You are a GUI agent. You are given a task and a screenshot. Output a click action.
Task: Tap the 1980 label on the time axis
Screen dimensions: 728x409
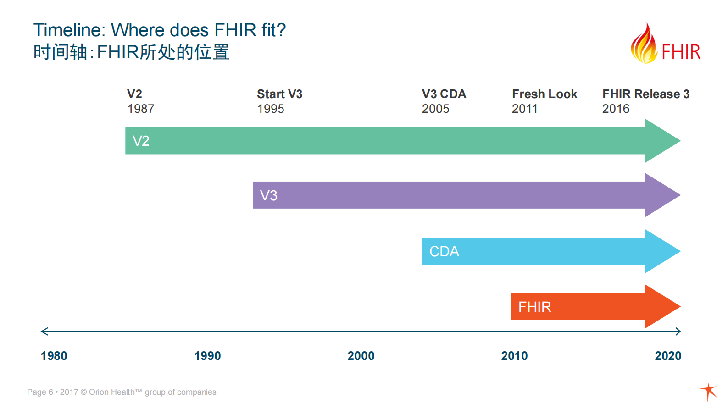pyautogui.click(x=54, y=356)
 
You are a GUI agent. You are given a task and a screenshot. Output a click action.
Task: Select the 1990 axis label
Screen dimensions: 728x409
pyautogui.click(x=207, y=356)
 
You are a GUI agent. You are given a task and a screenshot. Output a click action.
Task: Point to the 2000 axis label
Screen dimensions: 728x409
pyautogui.click(x=361, y=356)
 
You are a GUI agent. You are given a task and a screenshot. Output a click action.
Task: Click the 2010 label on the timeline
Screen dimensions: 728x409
pyautogui.click(x=515, y=356)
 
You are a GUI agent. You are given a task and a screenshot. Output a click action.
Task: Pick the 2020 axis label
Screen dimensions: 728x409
pyautogui.click(x=668, y=356)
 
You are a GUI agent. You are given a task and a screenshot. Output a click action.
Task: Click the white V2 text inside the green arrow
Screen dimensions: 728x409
pyautogui.click(x=141, y=141)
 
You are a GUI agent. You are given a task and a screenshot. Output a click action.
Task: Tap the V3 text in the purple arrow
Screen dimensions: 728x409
pyautogui.click(x=269, y=196)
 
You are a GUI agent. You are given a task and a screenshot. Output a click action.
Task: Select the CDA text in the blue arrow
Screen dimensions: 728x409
pyautogui.click(x=444, y=251)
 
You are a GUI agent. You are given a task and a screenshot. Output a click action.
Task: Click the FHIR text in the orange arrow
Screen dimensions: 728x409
pyautogui.click(x=534, y=307)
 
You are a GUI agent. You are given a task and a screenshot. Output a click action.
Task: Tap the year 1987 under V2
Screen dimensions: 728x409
pyautogui.click(x=141, y=109)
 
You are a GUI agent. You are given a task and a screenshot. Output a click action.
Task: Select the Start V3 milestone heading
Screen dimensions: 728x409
pyautogui.click(x=280, y=94)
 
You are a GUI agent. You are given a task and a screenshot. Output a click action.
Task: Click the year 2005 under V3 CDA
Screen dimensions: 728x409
pyautogui.click(x=435, y=109)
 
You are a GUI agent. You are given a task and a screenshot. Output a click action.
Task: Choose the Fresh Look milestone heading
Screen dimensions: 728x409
pyautogui.click(x=545, y=94)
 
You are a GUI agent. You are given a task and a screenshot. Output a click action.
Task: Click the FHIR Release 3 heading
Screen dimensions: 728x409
pyautogui.click(x=646, y=94)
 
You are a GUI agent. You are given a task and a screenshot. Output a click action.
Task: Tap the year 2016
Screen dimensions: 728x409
pyautogui.click(x=616, y=109)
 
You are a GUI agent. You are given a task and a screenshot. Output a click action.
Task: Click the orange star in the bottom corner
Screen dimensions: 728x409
pyautogui.click(x=709, y=392)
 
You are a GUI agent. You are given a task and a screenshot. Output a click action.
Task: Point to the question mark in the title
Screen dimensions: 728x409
pyautogui.click(x=282, y=30)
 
